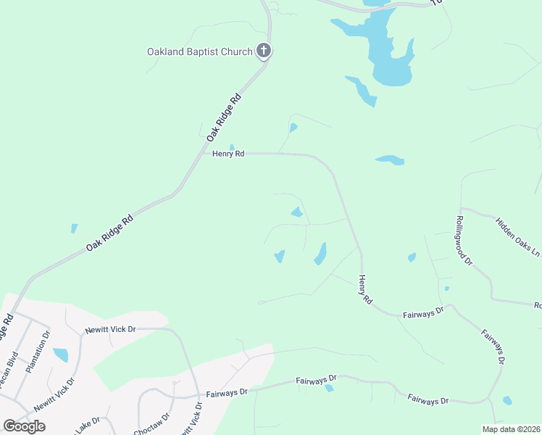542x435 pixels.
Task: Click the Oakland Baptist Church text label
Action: click(x=199, y=51)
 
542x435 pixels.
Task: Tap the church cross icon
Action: click(x=264, y=51)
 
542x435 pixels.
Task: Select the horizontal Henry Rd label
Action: click(x=228, y=154)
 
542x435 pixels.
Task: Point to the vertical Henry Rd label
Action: click(x=365, y=289)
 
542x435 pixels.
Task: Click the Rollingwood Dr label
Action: click(x=464, y=239)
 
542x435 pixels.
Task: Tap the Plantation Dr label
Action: click(x=41, y=352)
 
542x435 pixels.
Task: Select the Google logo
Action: click(x=25, y=426)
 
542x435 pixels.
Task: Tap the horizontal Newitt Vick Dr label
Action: click(x=109, y=329)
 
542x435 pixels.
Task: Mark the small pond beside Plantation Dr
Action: click(x=60, y=355)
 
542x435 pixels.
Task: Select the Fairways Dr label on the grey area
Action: click(x=225, y=392)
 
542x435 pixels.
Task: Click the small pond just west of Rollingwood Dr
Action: click(x=412, y=257)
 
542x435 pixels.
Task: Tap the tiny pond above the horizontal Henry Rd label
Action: click(x=232, y=147)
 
